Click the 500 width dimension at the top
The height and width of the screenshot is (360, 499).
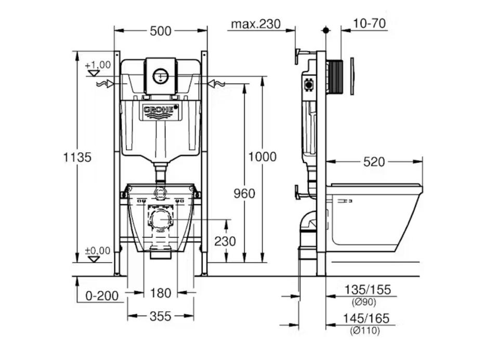[x=161, y=31]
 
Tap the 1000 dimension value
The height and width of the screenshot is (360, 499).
[x=262, y=156]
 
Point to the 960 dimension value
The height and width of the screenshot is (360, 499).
[x=244, y=194]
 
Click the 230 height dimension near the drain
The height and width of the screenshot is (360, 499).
[x=225, y=241]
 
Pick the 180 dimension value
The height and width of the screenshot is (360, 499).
[x=161, y=293]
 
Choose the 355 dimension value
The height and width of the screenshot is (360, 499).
[x=160, y=316]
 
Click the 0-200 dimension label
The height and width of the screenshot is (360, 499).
[x=102, y=296]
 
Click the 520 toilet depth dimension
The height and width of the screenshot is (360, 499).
[x=374, y=162]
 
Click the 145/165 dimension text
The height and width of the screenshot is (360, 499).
[x=367, y=318]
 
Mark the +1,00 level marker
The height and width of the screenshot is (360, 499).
[x=98, y=65]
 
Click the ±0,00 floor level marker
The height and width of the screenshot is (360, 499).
[x=98, y=251]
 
